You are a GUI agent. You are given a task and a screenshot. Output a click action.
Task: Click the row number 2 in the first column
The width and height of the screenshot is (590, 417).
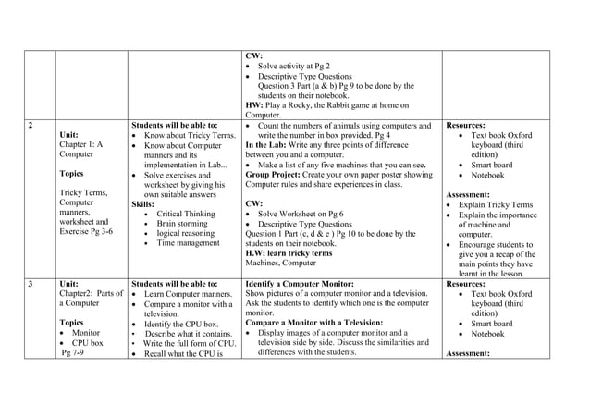pyautogui.click(x=31, y=125)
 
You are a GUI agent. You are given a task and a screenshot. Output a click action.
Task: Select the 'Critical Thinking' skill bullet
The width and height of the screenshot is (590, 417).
pyautogui.click(x=186, y=214)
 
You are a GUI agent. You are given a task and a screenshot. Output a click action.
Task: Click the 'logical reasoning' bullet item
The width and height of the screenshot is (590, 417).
pyautogui.click(x=188, y=234)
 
